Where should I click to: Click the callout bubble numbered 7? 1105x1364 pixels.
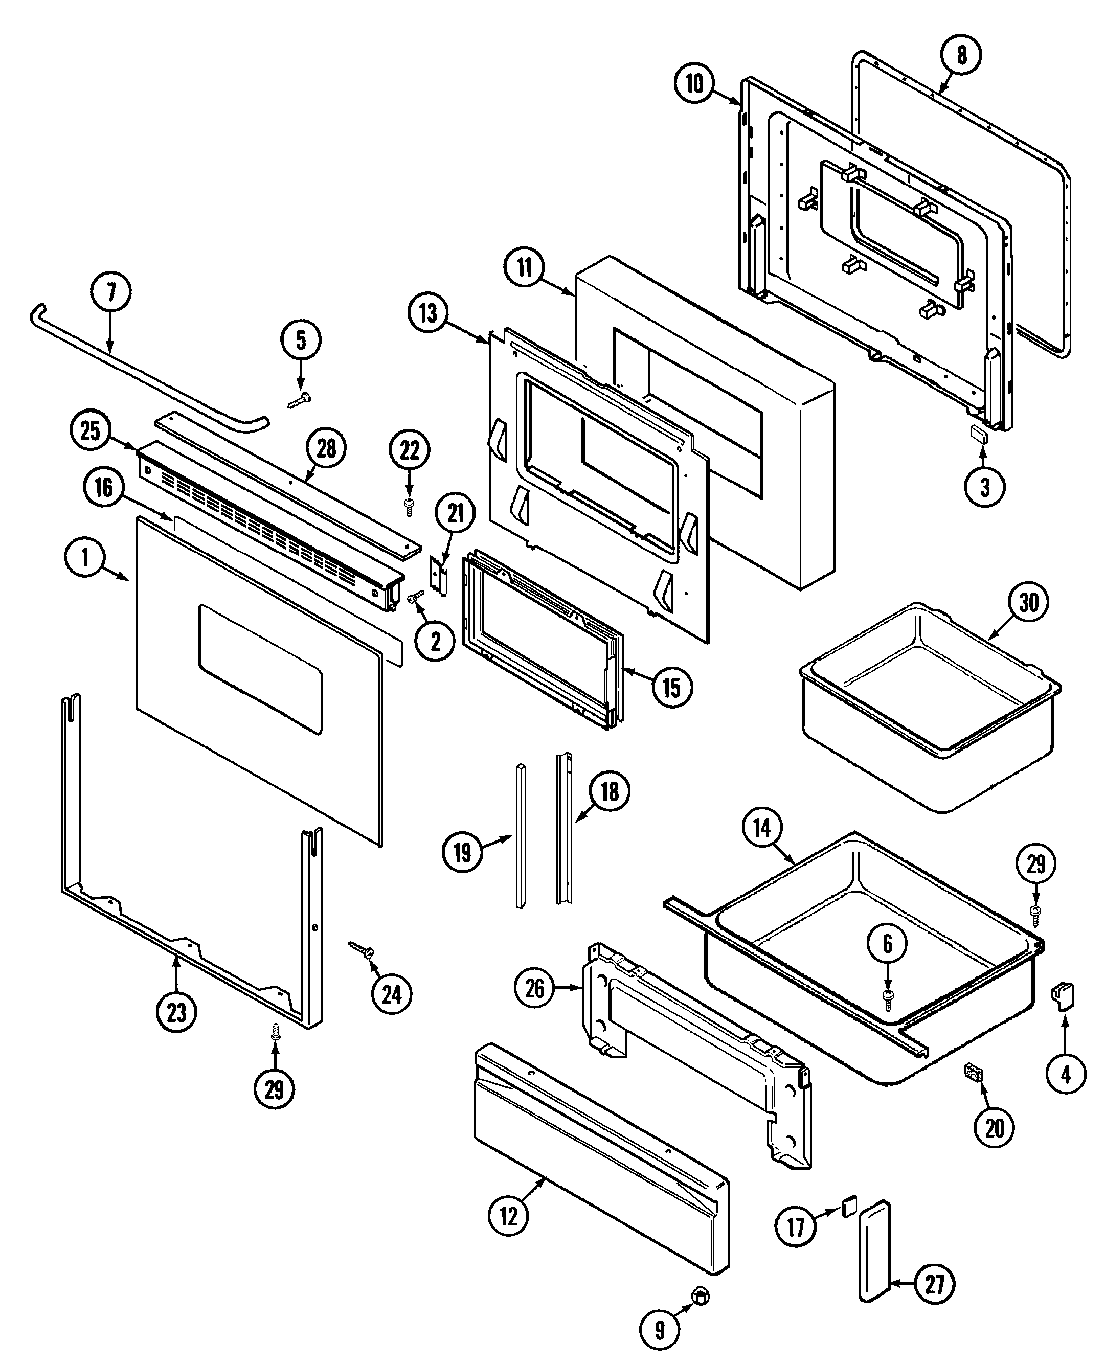point(111,292)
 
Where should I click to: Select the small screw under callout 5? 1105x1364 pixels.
point(299,400)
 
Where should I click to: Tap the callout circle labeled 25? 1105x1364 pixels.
point(90,431)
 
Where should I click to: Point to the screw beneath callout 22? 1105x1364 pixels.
point(409,507)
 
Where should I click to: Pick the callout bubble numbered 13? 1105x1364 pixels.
point(429,313)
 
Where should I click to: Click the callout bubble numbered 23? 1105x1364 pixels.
point(176,1012)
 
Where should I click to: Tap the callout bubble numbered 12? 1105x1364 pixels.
point(509,1216)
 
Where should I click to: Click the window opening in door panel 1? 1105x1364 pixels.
point(260,668)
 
